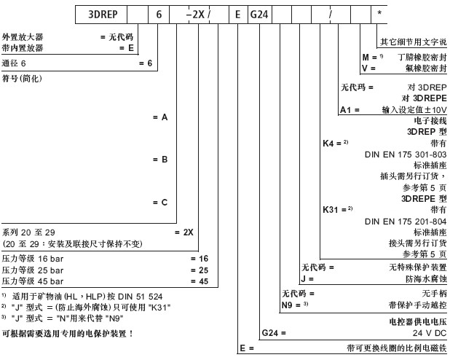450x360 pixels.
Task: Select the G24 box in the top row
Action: click(263, 14)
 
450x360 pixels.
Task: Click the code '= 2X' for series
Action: click(183, 231)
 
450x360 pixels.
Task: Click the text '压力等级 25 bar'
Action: click(33, 270)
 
